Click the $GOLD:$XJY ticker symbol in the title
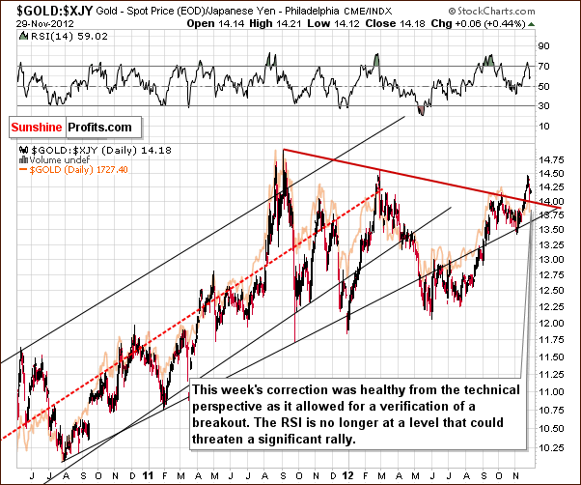coord(38,9)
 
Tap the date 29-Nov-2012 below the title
coord(30,21)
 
